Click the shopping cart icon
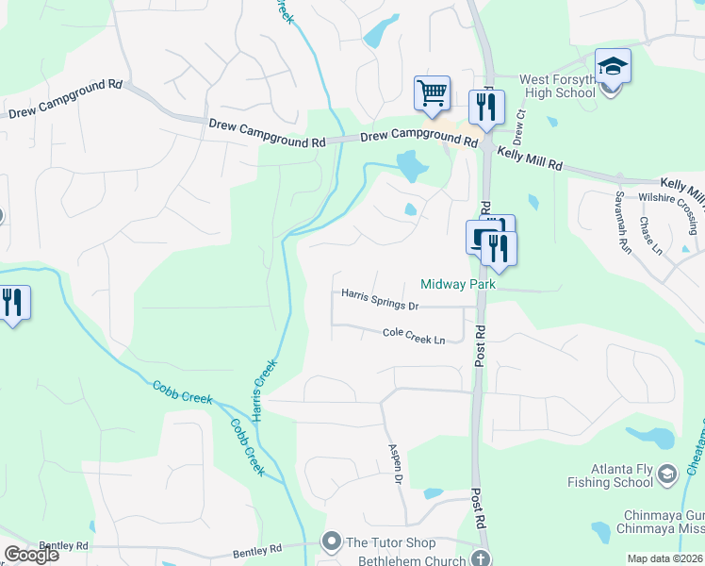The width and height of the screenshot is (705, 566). click(432, 93)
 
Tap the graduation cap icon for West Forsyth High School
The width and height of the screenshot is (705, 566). click(613, 67)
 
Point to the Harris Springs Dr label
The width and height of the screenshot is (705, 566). click(380, 299)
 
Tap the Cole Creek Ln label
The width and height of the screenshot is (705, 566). click(414, 333)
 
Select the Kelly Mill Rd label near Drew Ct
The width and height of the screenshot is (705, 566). click(530, 158)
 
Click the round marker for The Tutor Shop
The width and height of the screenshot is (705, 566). click(330, 541)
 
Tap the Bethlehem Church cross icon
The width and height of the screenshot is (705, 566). click(482, 559)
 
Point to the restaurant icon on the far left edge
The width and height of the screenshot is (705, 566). click(14, 303)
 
